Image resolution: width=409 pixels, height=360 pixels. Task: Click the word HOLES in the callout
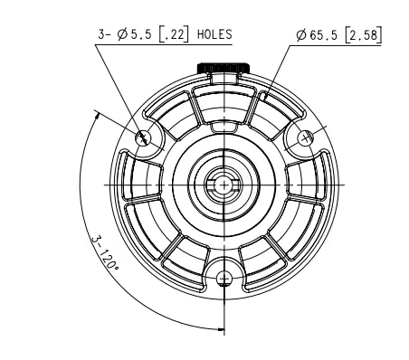coord(214,34)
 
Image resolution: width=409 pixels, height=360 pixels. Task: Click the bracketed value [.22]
coord(174,34)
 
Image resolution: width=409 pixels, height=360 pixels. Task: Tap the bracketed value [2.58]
coord(364,35)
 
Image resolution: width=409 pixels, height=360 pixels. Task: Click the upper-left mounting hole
coord(143,138)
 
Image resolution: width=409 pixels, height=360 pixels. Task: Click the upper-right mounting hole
coord(305,138)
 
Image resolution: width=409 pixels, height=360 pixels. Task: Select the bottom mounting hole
coord(224,279)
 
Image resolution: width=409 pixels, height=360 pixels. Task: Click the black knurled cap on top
coord(224,68)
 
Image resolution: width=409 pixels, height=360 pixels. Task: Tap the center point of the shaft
coord(224,185)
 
